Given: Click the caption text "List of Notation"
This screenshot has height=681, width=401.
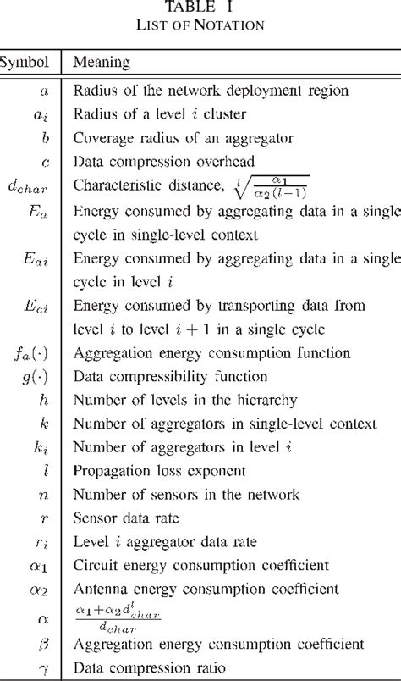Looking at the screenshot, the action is (x=200, y=25).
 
